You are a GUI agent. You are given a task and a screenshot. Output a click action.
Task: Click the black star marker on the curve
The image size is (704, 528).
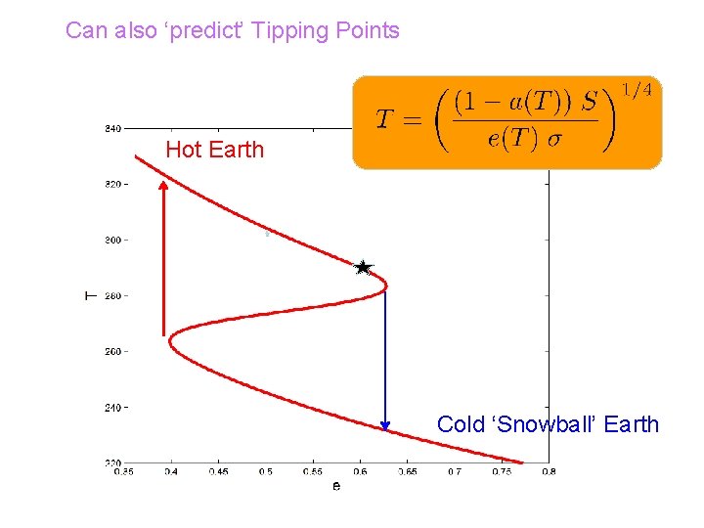click(363, 267)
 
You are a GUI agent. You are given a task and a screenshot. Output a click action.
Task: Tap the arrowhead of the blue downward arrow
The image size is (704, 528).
click(385, 425)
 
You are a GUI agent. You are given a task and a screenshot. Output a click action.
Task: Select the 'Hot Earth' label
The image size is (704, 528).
click(214, 150)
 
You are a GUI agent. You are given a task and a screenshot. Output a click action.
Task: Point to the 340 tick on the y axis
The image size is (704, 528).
click(112, 128)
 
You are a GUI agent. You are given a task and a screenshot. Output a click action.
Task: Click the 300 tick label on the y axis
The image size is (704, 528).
click(112, 240)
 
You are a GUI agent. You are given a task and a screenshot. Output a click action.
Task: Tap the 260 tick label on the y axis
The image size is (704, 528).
click(112, 351)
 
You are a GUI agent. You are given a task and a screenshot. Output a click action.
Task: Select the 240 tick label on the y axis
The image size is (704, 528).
click(112, 407)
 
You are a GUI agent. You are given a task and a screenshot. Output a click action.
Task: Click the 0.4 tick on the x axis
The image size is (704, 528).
click(171, 472)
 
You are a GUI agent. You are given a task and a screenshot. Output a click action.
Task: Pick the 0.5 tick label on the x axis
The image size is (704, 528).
click(265, 472)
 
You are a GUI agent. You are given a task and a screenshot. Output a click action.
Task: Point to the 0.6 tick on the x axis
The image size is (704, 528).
click(360, 472)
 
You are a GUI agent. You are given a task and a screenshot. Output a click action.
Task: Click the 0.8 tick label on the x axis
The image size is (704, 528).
click(548, 472)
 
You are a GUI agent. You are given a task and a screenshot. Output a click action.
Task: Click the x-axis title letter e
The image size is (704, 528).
click(336, 486)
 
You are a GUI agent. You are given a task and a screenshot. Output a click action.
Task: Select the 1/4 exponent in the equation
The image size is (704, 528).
click(637, 91)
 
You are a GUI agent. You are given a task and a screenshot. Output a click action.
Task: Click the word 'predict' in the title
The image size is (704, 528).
click(207, 30)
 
